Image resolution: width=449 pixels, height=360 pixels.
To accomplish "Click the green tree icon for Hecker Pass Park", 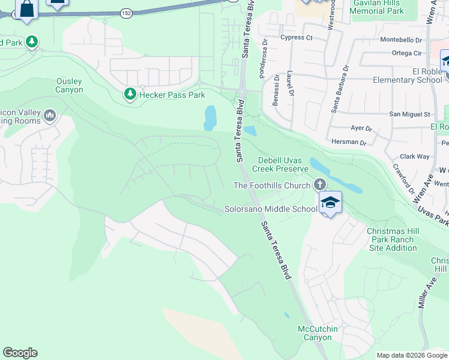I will [130, 94].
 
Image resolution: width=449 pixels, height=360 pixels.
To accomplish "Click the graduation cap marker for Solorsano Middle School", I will [330, 203].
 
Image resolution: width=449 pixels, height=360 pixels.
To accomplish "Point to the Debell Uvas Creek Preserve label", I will [283, 164].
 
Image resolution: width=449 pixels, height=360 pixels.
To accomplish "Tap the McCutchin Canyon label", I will [318, 333].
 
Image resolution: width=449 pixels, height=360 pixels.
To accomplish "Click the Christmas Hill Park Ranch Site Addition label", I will [392, 239].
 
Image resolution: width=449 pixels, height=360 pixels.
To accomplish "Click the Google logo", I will [20, 353].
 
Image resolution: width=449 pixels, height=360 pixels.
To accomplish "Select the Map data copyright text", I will [411, 355].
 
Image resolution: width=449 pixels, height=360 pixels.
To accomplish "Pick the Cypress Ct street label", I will [297, 37].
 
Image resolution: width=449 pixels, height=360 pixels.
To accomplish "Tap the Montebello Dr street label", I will [402, 40].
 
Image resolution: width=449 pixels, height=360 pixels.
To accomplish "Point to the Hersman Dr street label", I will [349, 142].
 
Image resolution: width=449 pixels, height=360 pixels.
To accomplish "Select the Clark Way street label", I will [415, 157].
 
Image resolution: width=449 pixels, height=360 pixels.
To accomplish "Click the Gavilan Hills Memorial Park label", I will [378, 7].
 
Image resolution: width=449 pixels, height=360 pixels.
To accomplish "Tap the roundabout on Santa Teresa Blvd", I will [242, 92].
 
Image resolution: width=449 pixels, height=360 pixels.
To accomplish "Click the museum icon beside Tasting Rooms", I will [50, 115].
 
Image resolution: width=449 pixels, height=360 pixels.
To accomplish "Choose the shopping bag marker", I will [26, 9].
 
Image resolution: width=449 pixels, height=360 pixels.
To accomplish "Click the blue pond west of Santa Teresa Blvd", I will [210, 118].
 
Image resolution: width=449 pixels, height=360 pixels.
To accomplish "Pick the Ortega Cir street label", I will [406, 53].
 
